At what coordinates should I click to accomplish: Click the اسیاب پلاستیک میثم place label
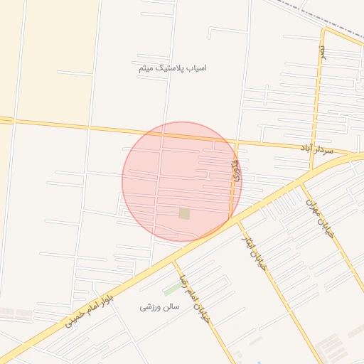[173, 68]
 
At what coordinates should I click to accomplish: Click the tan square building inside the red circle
[185, 213]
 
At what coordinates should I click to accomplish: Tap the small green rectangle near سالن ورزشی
[172, 289]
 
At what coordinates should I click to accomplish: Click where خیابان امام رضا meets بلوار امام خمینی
[175, 262]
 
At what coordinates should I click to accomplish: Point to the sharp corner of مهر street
[323, 30]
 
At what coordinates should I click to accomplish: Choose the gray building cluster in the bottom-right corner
[334, 348]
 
